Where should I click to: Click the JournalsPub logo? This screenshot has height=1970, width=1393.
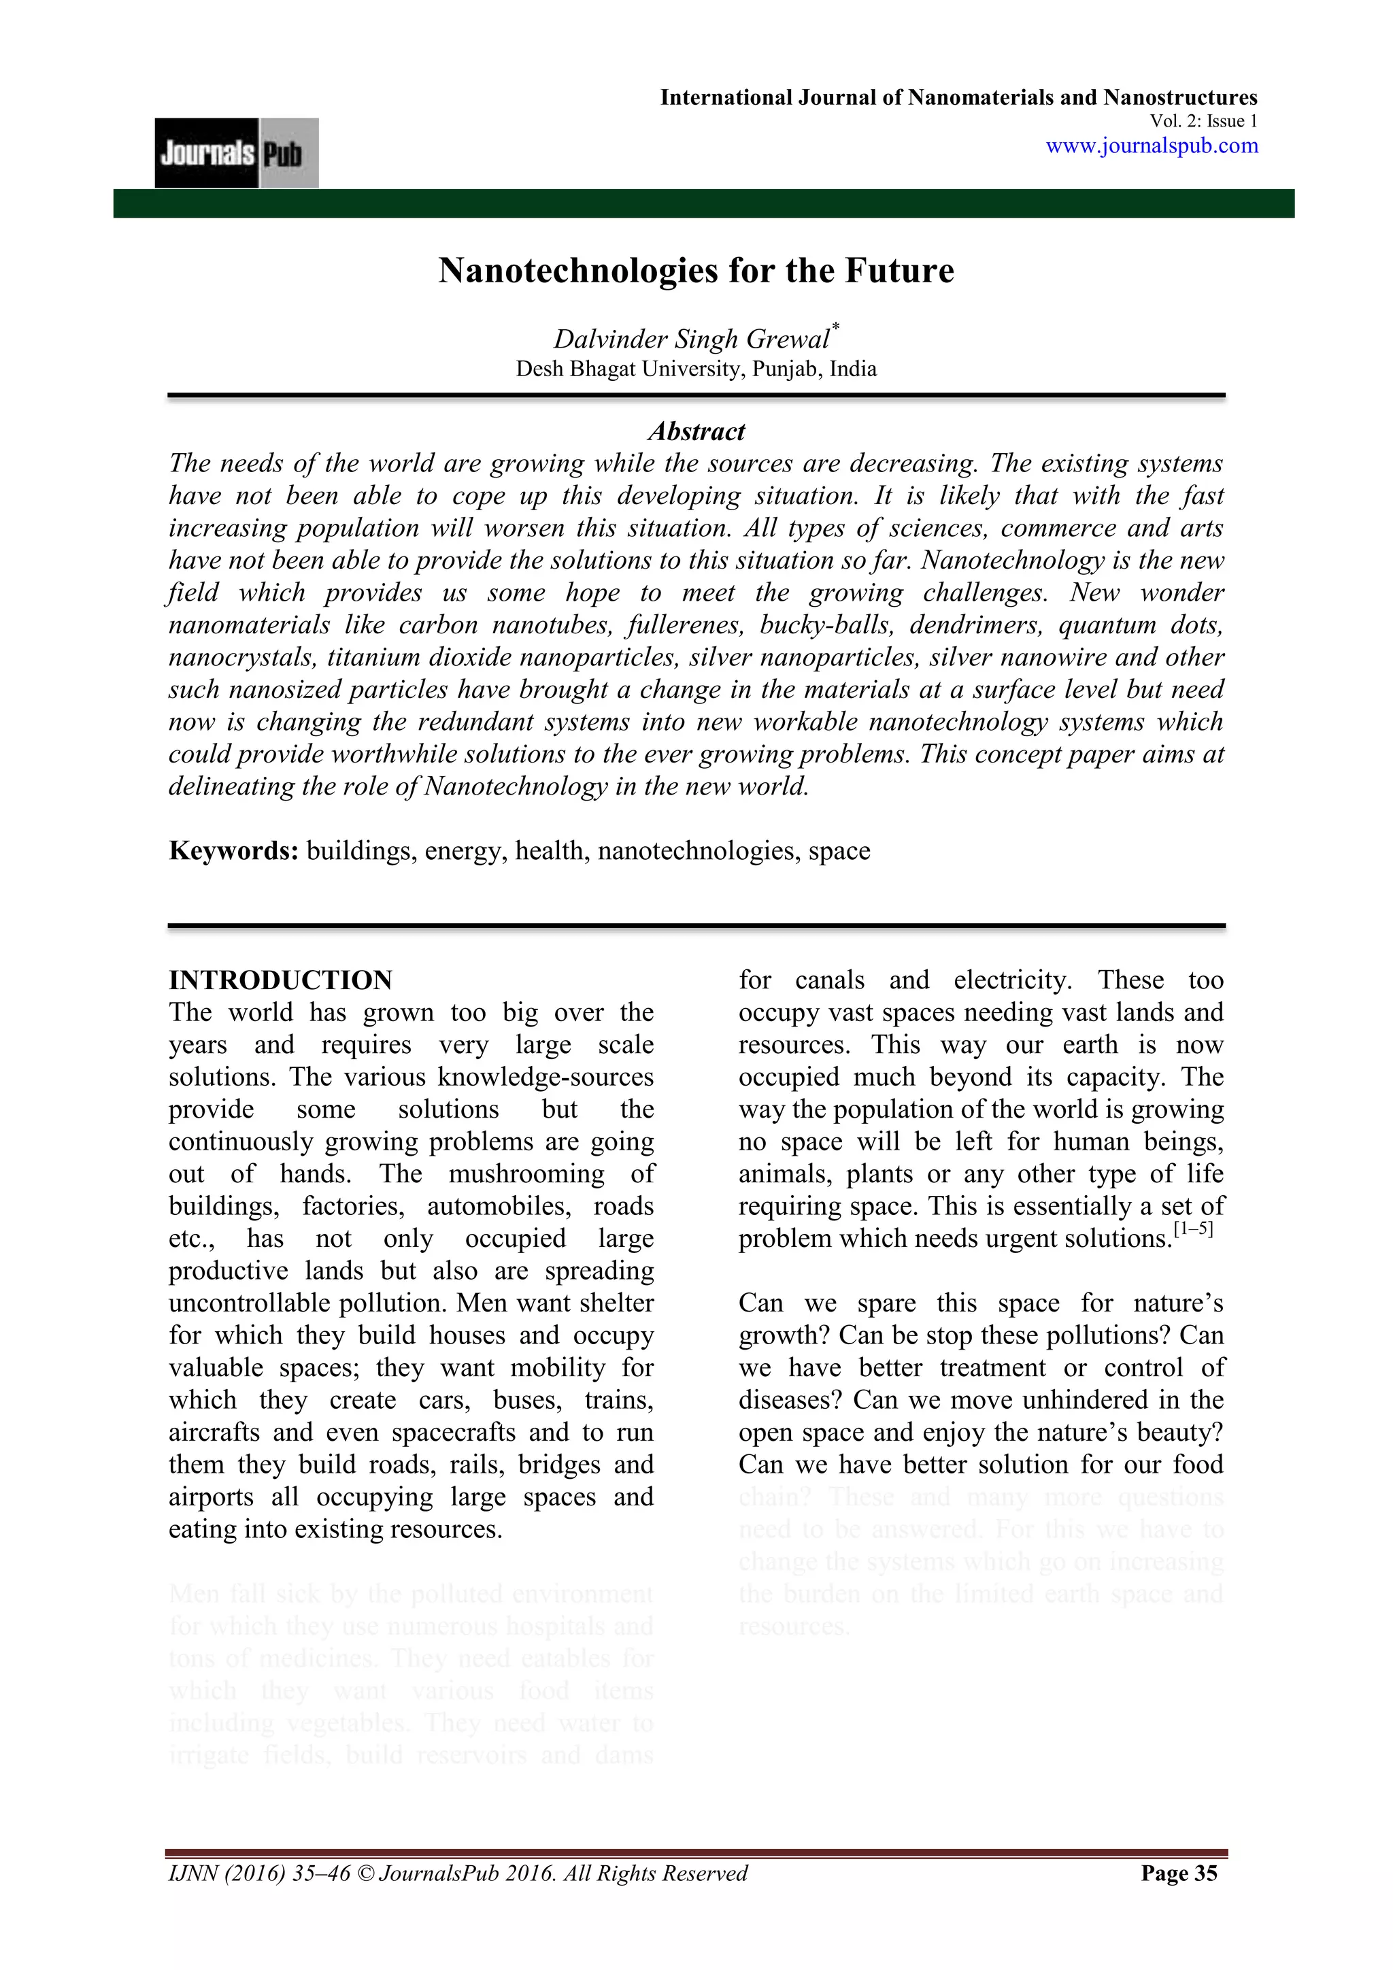click(236, 153)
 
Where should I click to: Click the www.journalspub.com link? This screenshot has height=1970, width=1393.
click(1151, 145)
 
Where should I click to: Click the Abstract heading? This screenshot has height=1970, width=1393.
click(696, 431)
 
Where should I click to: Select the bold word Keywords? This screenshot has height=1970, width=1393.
click(233, 850)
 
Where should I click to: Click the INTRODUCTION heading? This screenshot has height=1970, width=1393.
click(280, 980)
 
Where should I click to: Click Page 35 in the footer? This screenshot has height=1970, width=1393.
click(1179, 1897)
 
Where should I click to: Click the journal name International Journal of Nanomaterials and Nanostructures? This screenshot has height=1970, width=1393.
click(958, 98)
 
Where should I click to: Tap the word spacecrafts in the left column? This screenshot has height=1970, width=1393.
click(454, 1432)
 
